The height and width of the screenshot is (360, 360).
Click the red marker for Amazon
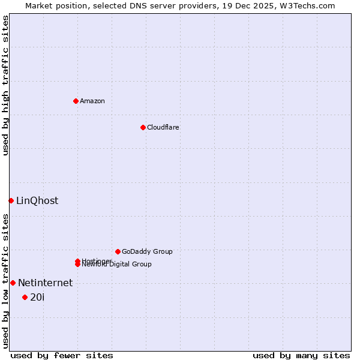coord(76,101)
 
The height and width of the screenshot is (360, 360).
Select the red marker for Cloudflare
coord(143,127)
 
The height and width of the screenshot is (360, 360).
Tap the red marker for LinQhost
coord(11,200)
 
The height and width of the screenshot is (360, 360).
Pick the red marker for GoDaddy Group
coord(118,251)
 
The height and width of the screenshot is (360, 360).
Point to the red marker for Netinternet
coord(13,283)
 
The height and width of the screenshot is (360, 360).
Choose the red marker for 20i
coord(25,297)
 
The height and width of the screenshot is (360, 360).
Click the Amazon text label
coord(92,101)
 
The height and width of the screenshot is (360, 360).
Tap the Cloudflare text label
coord(163,127)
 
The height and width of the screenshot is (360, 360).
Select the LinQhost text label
coord(37,201)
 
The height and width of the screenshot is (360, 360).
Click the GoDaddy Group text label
coord(147,251)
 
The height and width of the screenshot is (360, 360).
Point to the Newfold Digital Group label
coord(118,265)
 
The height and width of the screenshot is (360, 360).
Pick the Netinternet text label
coord(45,283)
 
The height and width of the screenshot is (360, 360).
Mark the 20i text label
coord(37,298)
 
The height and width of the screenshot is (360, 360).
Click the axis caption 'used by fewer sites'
coord(62,355)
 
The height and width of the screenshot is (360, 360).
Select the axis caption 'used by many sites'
coord(301,355)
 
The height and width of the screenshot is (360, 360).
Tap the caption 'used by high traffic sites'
coord(6,85)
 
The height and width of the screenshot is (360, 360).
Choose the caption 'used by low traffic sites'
coord(6,281)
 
